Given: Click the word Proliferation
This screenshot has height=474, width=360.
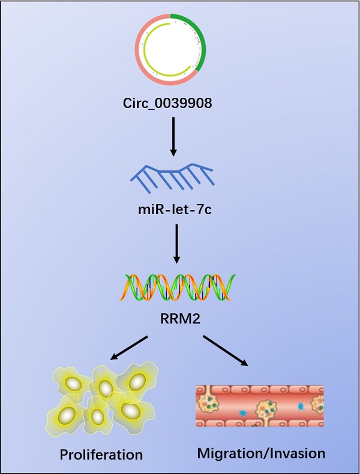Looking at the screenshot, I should point(101,454).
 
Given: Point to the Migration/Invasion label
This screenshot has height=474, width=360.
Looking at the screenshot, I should point(261,453).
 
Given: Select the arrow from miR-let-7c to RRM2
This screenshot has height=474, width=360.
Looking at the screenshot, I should point(176,243).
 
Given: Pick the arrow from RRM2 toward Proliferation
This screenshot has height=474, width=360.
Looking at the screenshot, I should point(128,349).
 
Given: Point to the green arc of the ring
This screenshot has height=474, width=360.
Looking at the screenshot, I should point(198,36).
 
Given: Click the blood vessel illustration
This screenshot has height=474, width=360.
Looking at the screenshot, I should point(259,406).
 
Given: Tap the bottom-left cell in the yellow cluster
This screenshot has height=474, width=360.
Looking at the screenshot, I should point(68,414).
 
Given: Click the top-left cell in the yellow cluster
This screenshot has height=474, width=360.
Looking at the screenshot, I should point(74,383).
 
